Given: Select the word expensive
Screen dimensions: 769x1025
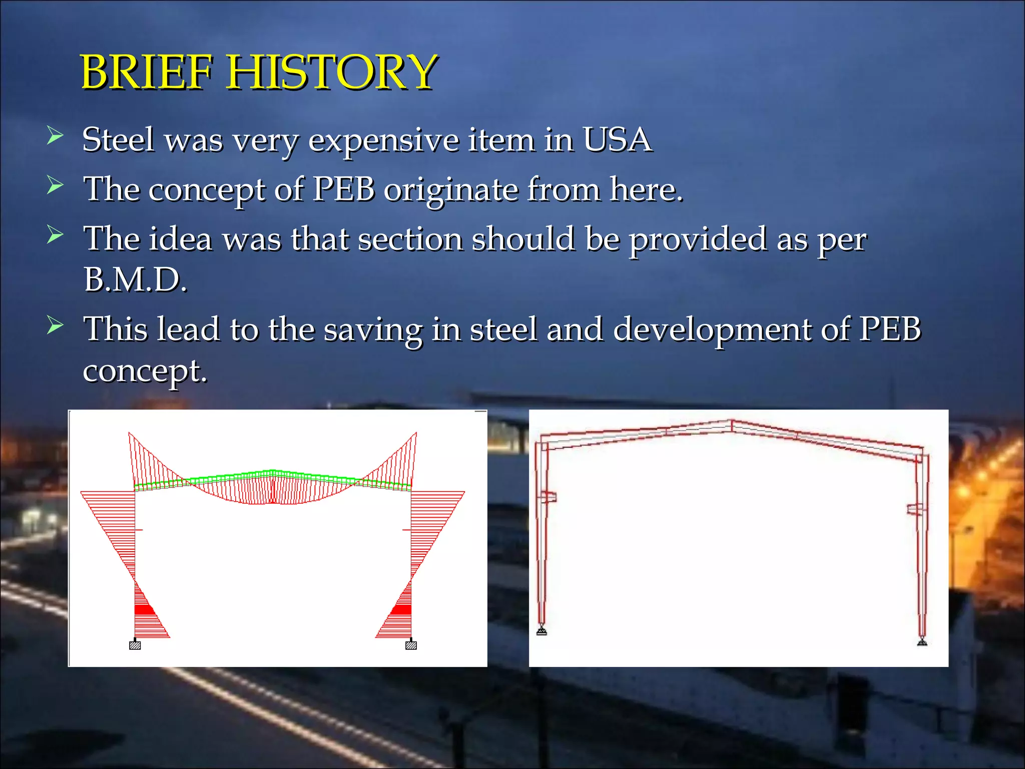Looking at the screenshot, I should coord(383,140).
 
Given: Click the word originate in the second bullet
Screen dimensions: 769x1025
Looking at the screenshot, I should coord(451,190).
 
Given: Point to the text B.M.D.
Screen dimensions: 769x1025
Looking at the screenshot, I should coord(135,280).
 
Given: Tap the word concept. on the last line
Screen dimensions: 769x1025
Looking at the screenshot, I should coord(145,371).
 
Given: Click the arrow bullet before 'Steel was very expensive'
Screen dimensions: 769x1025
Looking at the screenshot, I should coord(55,136).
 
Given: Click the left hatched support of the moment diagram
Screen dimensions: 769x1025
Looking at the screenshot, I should coord(135,645).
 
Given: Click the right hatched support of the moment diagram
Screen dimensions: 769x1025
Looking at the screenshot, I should coord(411,645).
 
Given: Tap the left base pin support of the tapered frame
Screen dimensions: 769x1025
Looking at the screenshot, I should coord(542,630).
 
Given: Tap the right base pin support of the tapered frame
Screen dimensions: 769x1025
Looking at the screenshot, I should coord(922,641).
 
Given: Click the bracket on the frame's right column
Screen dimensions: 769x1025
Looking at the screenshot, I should coord(916,509).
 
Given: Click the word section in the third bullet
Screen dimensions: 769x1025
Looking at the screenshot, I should coord(410,239).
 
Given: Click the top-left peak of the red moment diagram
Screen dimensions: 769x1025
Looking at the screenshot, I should coord(130,434).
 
